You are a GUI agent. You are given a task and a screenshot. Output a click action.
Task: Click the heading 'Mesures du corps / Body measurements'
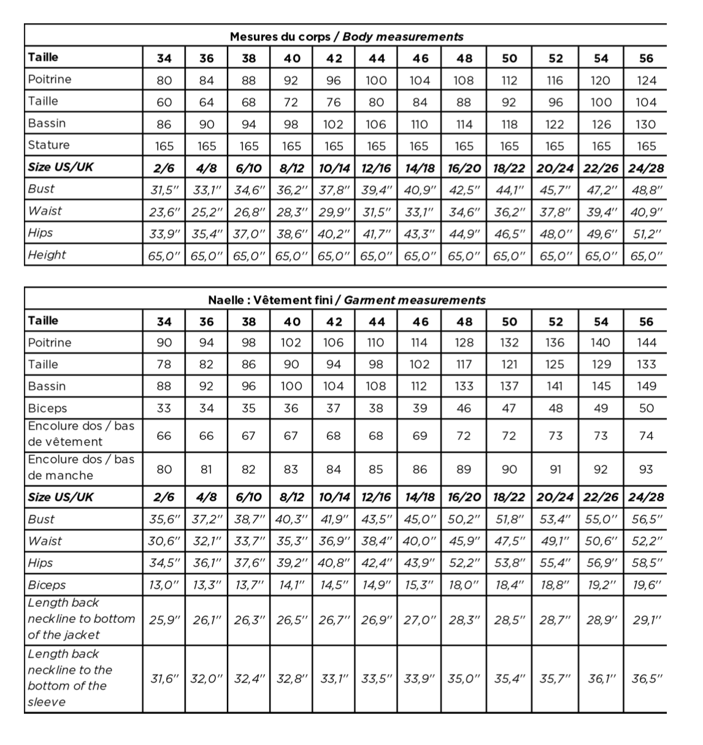[x=347, y=37]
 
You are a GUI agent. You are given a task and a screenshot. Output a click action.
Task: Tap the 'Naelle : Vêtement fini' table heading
[x=347, y=300]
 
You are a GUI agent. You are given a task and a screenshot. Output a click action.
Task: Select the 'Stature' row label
[x=49, y=145]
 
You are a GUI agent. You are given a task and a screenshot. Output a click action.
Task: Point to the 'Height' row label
[x=47, y=255]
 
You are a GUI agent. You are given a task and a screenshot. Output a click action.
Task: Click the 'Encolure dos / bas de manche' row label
[x=81, y=468]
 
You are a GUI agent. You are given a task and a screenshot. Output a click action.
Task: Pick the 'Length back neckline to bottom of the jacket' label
[x=81, y=619]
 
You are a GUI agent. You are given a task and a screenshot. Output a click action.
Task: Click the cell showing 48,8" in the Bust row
[x=647, y=190]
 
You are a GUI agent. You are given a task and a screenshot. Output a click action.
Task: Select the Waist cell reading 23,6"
[x=164, y=212]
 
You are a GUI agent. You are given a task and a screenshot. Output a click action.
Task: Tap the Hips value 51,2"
[x=647, y=234]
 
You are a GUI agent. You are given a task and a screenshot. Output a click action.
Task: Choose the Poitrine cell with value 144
[x=647, y=342]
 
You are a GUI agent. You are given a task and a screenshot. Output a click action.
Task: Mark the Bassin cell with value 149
[x=647, y=386]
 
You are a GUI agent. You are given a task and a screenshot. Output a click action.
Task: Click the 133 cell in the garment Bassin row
[x=464, y=386]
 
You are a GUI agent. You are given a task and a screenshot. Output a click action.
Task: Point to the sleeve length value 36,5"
[x=647, y=679]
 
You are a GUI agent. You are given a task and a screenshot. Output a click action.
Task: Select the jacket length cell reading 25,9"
[x=164, y=619]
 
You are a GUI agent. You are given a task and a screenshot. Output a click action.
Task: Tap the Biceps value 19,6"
[x=647, y=585]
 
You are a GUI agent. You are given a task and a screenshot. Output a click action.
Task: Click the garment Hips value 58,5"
[x=647, y=563]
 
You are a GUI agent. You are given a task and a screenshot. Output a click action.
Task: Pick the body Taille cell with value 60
[x=164, y=102]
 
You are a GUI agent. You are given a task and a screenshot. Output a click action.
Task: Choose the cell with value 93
[x=647, y=469]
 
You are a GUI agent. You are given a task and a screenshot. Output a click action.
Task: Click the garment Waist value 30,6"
[x=164, y=541]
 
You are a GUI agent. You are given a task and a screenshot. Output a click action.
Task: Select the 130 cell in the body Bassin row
[x=647, y=125]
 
